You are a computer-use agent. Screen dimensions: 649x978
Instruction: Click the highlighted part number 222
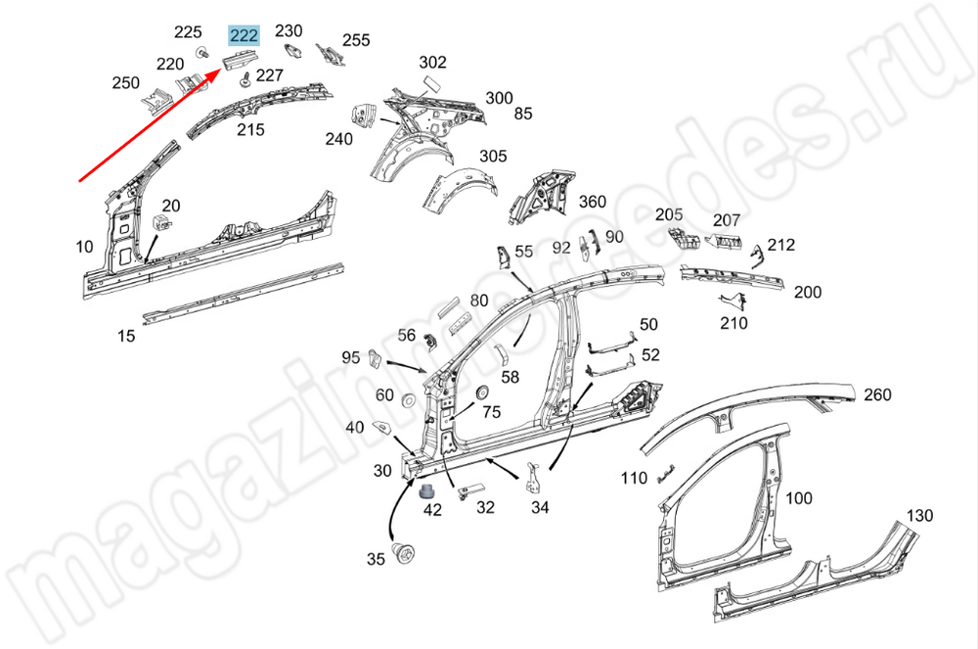(244, 36)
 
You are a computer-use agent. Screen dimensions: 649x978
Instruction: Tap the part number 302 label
(432, 63)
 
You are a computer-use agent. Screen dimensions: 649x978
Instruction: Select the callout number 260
(877, 394)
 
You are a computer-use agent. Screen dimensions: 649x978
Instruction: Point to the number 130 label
(918, 516)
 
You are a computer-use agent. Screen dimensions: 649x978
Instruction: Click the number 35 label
(377, 560)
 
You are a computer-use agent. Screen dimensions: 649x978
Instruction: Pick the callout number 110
(634, 478)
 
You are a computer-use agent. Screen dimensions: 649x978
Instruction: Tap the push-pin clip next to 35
(401, 554)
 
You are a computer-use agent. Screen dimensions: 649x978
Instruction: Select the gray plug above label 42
(427, 489)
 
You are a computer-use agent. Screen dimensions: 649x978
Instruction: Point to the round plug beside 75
(480, 393)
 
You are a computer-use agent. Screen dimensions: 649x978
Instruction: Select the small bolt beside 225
(201, 51)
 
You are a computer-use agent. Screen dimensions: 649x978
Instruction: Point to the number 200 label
(808, 292)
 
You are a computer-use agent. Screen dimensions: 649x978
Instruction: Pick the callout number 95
(351, 357)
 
